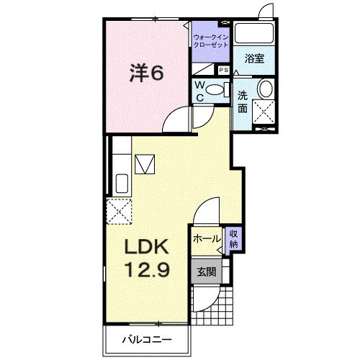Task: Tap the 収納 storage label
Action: pos(234,239)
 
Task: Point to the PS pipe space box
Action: pos(223,70)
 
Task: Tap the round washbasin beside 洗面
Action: pos(266,89)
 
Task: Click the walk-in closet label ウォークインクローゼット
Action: pos(211,40)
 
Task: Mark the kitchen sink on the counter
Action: pos(121,184)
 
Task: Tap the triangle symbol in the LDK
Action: pos(148,164)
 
